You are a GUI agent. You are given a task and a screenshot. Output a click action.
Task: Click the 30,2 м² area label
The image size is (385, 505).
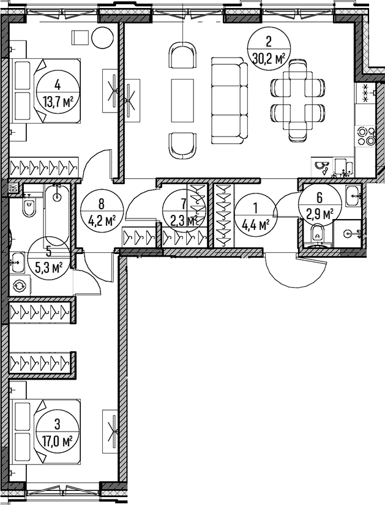point(269,59)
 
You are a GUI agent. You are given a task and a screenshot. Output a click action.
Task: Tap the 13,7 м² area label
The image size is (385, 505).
point(58,103)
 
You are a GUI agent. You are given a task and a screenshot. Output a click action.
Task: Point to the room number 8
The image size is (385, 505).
point(101,204)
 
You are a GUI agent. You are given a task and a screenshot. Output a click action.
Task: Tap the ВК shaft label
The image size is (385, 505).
point(13,187)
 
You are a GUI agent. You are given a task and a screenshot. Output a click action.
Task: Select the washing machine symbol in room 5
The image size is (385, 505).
point(20,285)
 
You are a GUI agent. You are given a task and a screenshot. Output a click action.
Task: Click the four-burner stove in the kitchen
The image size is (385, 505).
point(365,137)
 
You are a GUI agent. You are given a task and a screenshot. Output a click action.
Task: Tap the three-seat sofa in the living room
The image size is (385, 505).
point(230,101)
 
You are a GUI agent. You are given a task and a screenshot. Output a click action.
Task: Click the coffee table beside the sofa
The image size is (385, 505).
point(182,100)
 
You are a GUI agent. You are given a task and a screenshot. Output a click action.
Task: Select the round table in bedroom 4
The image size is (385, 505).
point(103,38)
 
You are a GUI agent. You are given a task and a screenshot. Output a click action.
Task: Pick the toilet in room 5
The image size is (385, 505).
point(29,206)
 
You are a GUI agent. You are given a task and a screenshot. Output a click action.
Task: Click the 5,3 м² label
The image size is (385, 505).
point(48,267)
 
